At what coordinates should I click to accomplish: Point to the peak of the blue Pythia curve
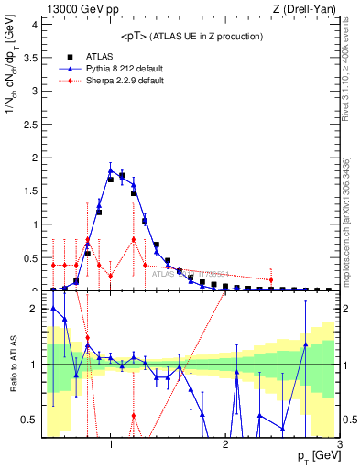110,169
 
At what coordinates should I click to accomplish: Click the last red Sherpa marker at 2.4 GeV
271,279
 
